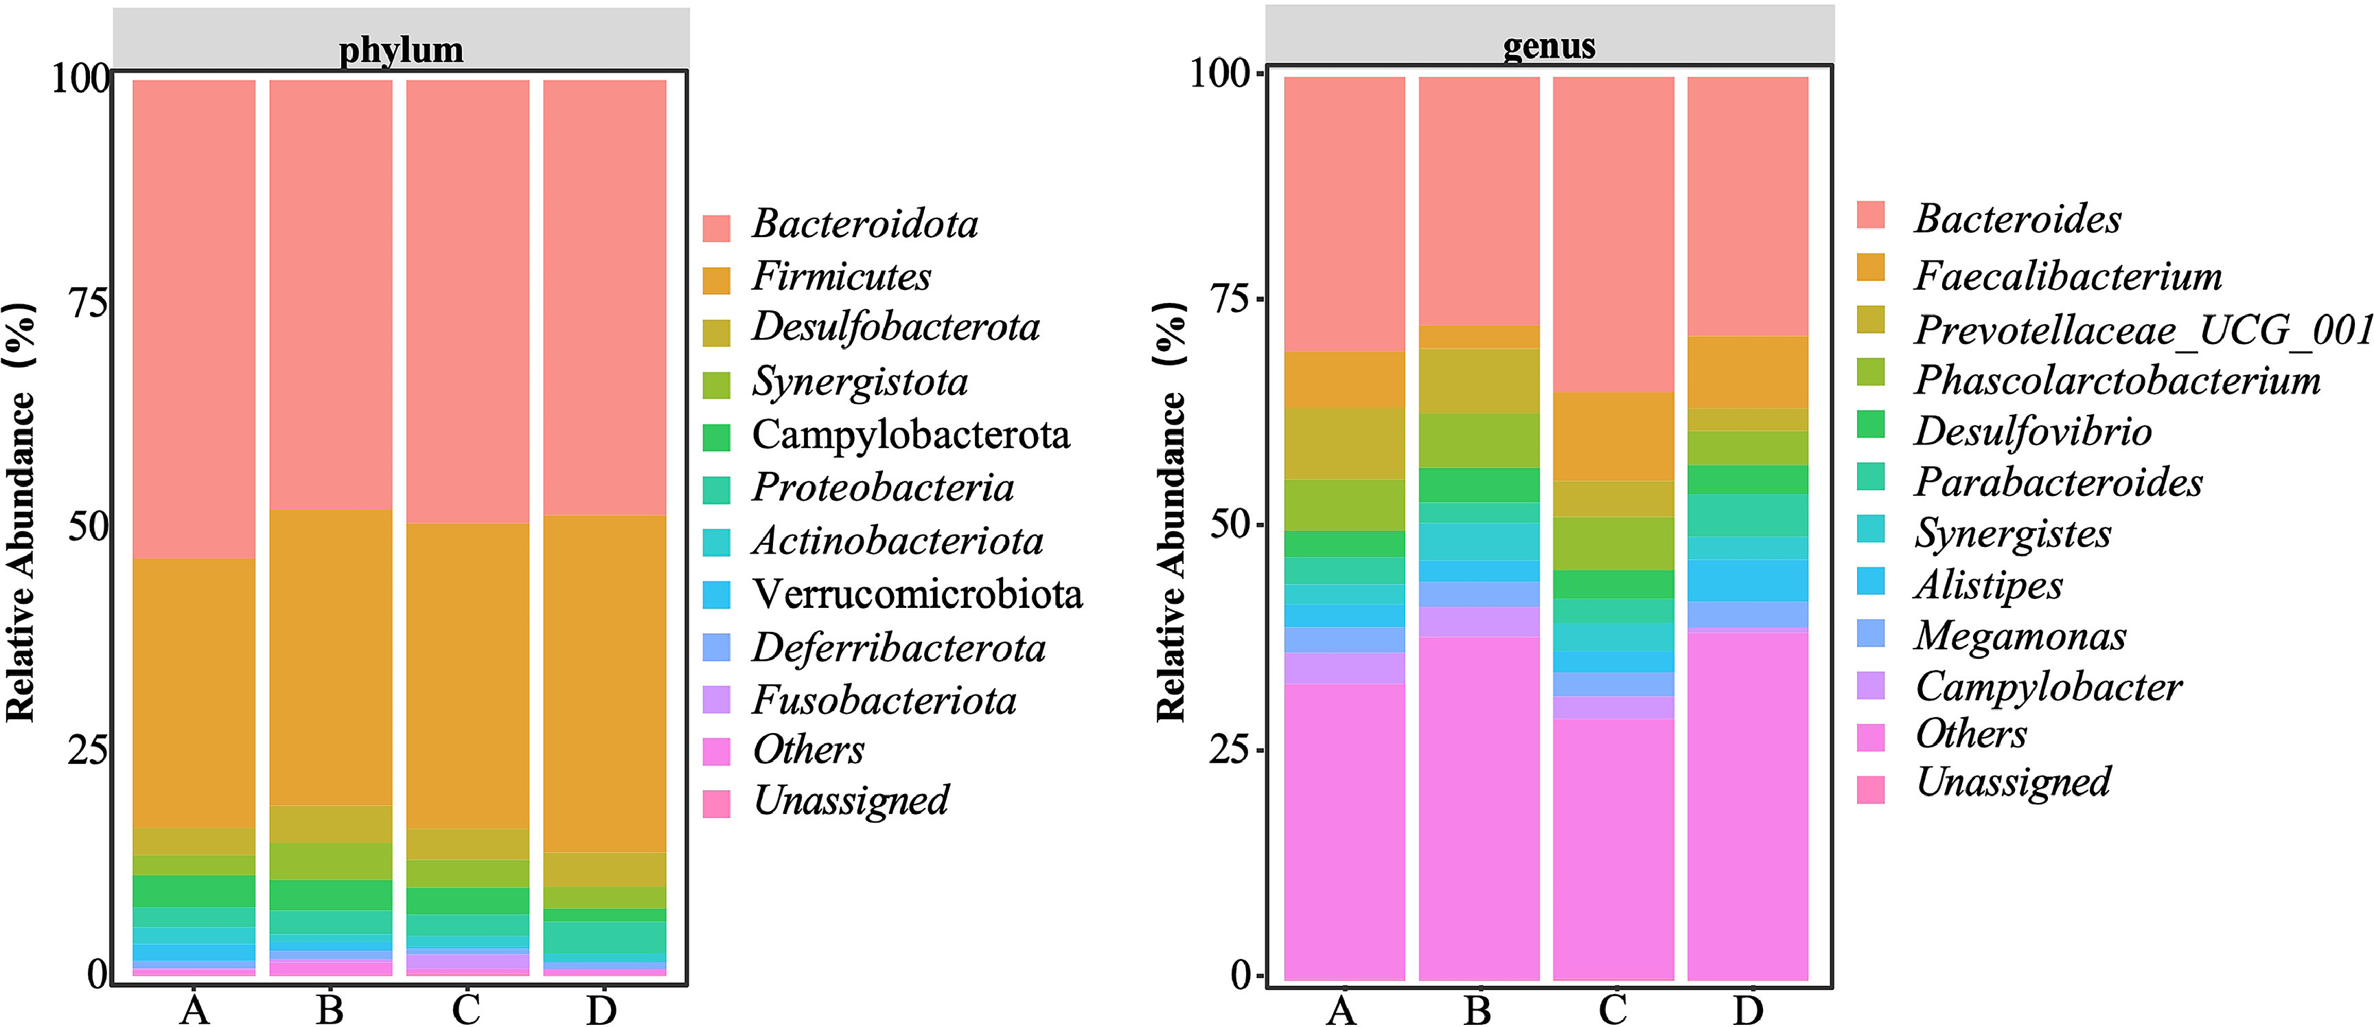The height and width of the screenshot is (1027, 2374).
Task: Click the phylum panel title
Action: [401, 49]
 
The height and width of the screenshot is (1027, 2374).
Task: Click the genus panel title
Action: [1549, 45]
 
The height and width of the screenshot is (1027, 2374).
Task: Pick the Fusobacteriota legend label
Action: [884, 701]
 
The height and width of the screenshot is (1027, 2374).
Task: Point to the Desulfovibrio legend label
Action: [2033, 431]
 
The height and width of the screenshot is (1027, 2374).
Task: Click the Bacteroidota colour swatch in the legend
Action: [716, 227]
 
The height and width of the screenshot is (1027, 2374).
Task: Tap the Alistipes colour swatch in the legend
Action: [1871, 582]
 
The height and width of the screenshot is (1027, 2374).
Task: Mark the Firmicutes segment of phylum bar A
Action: [194, 692]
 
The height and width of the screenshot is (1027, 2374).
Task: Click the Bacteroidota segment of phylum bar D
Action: [605, 295]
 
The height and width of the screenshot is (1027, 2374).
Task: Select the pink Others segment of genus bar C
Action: [1613, 848]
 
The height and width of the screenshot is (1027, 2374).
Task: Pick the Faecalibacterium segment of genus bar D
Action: [1747, 372]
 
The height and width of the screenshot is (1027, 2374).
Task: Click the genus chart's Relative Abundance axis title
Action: [1171, 512]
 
